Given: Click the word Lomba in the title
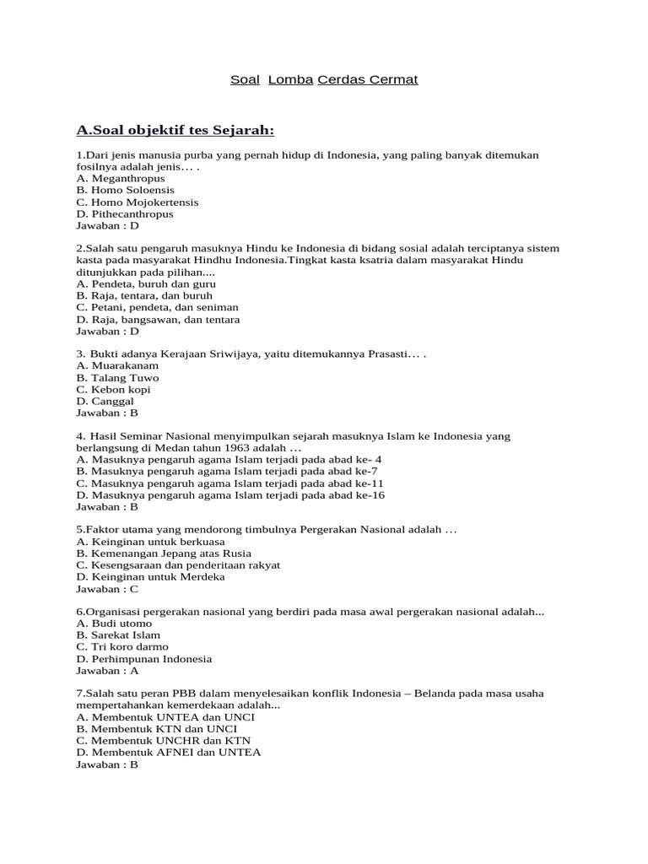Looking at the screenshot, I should pyautogui.click(x=290, y=80).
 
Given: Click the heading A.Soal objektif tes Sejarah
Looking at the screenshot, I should pyautogui.click(x=175, y=130).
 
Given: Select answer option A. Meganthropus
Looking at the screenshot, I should pyautogui.click(x=121, y=179).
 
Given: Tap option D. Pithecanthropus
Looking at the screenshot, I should pyautogui.click(x=125, y=214).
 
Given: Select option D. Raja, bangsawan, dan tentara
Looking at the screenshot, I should pyautogui.click(x=158, y=320).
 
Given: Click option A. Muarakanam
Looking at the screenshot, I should pyautogui.click(x=117, y=366).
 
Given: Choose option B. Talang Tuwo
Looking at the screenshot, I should pyautogui.click(x=117, y=378).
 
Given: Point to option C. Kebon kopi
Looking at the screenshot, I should pyautogui.click(x=113, y=390).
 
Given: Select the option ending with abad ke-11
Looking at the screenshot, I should pyautogui.click(x=229, y=483).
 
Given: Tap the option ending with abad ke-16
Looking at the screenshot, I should pyautogui.click(x=230, y=495).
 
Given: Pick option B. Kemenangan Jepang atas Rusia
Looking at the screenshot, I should pyautogui.click(x=164, y=553).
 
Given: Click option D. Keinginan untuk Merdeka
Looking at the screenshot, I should pyautogui.click(x=150, y=577).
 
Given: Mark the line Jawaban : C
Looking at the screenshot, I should pyautogui.click(x=107, y=589).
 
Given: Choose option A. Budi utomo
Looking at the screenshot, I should pyautogui.click(x=114, y=624).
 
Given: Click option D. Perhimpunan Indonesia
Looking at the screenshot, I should pyautogui.click(x=143, y=659).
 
